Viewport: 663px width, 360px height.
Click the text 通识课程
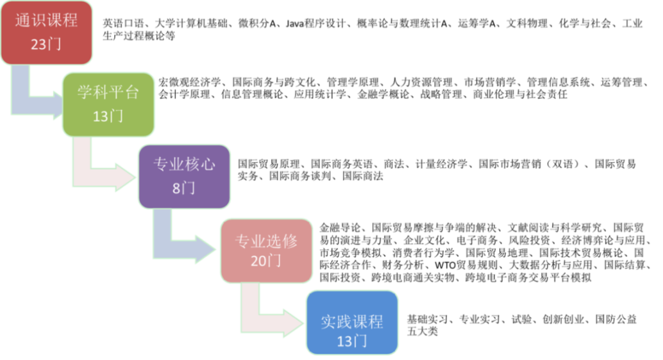[x=47, y=21]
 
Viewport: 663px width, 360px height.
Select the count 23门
[x=47, y=45]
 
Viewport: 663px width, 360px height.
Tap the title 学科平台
[x=108, y=92]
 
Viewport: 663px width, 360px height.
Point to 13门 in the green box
[x=108, y=116]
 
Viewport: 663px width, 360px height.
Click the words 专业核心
[x=184, y=165]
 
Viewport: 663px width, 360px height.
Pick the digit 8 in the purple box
[x=176, y=189]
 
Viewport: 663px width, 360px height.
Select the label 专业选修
[x=266, y=241]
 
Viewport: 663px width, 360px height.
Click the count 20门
[x=266, y=260]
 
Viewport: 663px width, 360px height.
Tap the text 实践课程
[x=352, y=321]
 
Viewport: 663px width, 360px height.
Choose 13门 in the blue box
[x=352, y=341]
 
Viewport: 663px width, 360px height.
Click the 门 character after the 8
[x=188, y=189]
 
